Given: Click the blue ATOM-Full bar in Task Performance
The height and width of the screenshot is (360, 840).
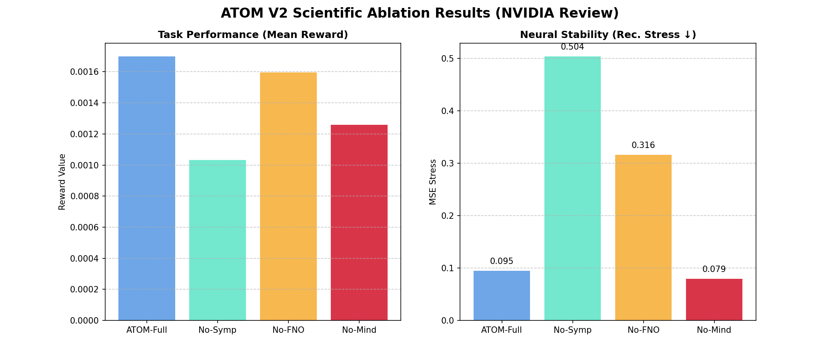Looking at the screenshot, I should tap(147, 188).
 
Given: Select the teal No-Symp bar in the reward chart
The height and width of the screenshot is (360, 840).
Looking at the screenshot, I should tap(218, 240).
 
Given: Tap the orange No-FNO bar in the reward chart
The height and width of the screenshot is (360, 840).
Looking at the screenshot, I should tap(288, 196).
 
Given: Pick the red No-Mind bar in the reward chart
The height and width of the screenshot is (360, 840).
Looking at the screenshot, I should tap(359, 222).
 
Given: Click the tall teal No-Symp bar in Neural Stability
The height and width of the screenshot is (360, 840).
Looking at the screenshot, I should tap(572, 188).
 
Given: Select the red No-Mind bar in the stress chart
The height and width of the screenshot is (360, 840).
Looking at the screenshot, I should tap(714, 300).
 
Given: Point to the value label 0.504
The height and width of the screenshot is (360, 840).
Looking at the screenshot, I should tap(572, 47).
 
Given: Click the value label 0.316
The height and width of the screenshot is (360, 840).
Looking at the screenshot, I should tap(643, 146).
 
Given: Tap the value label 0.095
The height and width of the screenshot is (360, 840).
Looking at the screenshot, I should tap(502, 262).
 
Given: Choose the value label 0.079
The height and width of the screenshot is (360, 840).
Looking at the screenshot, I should tap(714, 270).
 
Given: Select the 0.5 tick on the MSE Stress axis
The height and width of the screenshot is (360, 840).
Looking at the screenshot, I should tap(447, 59).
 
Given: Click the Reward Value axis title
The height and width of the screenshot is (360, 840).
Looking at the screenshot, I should tap(62, 182).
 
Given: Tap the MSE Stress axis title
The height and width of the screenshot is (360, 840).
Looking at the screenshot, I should tap(433, 182).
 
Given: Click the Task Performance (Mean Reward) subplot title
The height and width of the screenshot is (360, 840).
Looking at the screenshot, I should tap(253, 35).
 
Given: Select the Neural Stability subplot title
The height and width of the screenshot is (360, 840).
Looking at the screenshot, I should tap(608, 35).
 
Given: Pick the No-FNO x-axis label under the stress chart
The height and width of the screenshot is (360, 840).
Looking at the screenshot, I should tap(643, 330).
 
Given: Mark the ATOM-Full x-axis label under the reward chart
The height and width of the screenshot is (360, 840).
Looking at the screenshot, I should tap(147, 330).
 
